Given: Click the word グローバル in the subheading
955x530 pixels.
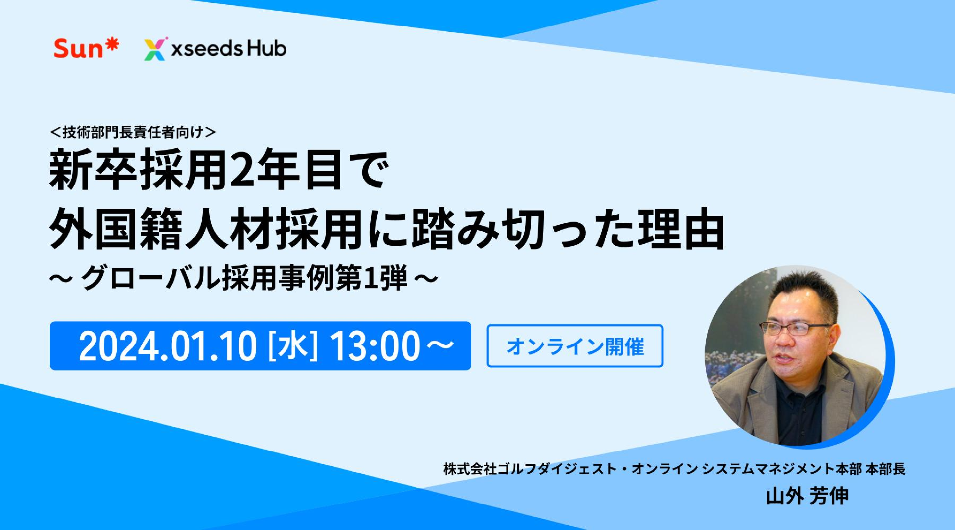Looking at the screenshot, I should tap(148, 280).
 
